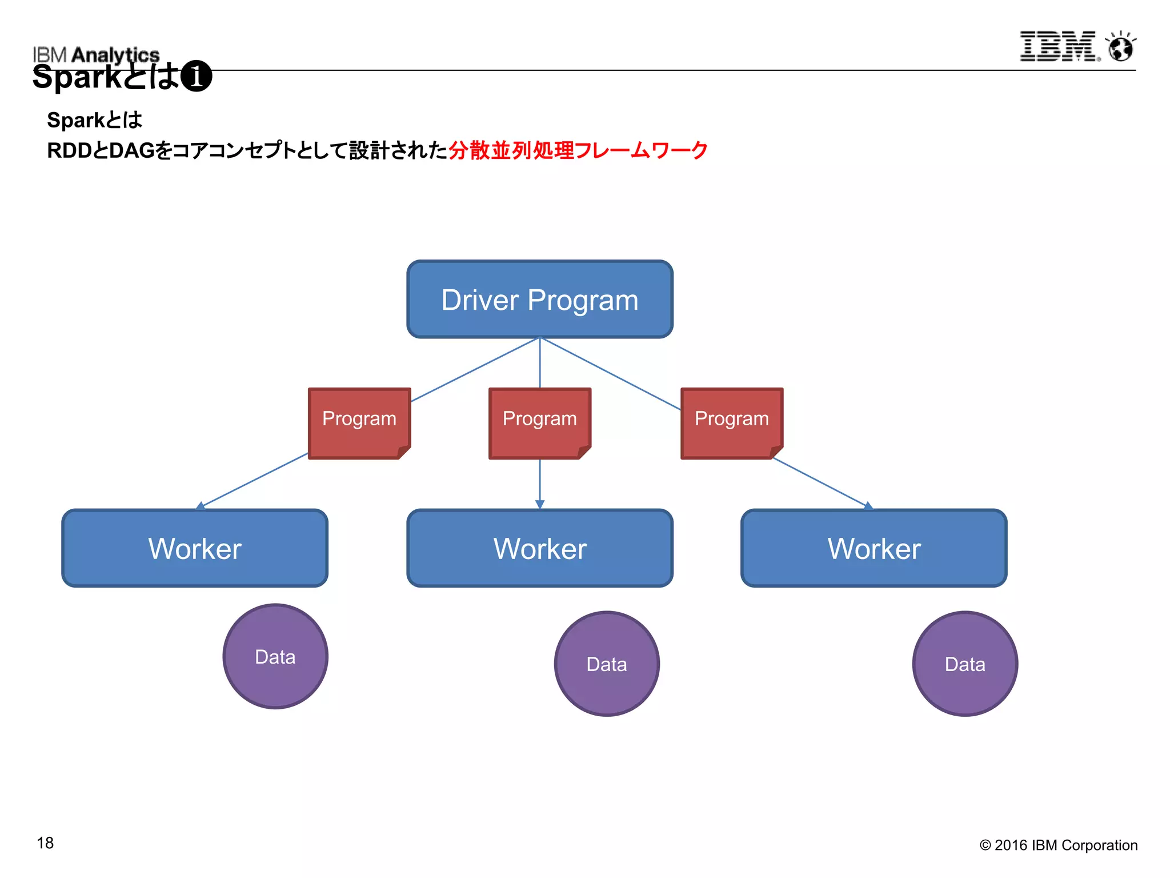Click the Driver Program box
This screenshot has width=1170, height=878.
(x=539, y=300)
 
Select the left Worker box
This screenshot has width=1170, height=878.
(x=195, y=548)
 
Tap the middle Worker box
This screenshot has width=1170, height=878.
(x=539, y=548)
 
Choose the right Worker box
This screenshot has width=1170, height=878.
(x=874, y=548)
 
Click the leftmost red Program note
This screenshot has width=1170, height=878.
(x=359, y=422)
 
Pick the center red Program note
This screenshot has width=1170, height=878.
(x=539, y=422)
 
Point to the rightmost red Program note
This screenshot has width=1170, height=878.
(x=731, y=422)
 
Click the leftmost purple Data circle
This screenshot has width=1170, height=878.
(x=275, y=656)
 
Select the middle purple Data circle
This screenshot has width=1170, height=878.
(x=607, y=664)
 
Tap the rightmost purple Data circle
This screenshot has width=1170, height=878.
(x=965, y=664)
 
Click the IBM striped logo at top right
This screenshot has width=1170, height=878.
(x=1059, y=46)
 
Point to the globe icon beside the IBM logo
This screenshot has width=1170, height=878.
(x=1121, y=47)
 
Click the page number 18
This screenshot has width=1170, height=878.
(x=45, y=843)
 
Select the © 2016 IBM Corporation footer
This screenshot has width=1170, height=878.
(x=1058, y=845)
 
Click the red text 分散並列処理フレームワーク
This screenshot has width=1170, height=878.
(x=578, y=150)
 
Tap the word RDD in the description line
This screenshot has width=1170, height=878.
(x=67, y=151)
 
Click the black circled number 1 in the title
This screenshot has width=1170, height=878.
(x=196, y=77)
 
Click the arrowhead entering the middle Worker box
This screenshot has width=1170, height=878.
(x=540, y=505)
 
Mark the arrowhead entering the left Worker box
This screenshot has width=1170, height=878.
(x=200, y=506)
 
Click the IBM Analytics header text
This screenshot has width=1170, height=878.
(x=96, y=54)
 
